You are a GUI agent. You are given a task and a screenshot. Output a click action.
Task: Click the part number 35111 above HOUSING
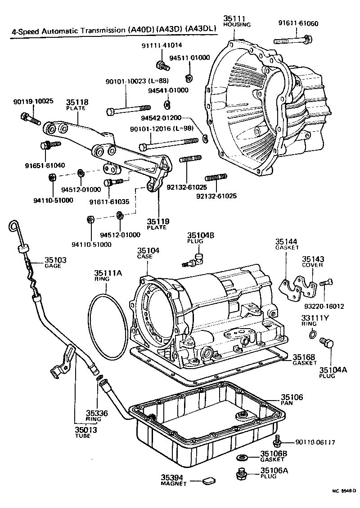(234, 18)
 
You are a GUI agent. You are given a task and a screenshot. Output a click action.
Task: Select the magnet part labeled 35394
(209, 481)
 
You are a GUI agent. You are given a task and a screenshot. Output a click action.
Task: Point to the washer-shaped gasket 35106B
(242, 458)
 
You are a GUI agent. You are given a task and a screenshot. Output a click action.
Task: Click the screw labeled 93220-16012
(326, 282)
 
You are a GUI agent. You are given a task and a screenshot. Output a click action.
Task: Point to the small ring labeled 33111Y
(313, 334)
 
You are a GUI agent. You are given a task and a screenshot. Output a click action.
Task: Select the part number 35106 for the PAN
(292, 397)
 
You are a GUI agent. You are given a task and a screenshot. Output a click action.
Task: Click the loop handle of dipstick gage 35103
(13, 227)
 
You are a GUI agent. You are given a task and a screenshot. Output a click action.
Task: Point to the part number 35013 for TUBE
(86, 430)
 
